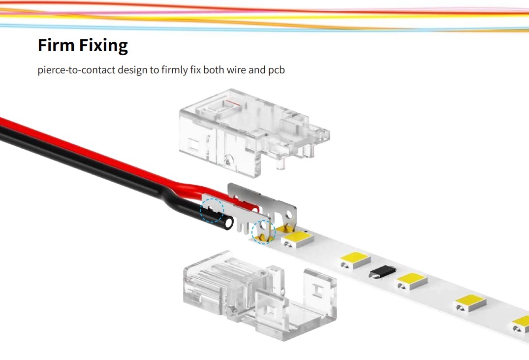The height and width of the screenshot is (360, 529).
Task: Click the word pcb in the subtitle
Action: click(276, 70)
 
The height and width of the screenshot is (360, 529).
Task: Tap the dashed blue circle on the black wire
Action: click(212, 210)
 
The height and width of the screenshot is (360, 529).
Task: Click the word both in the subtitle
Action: click(213, 70)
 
